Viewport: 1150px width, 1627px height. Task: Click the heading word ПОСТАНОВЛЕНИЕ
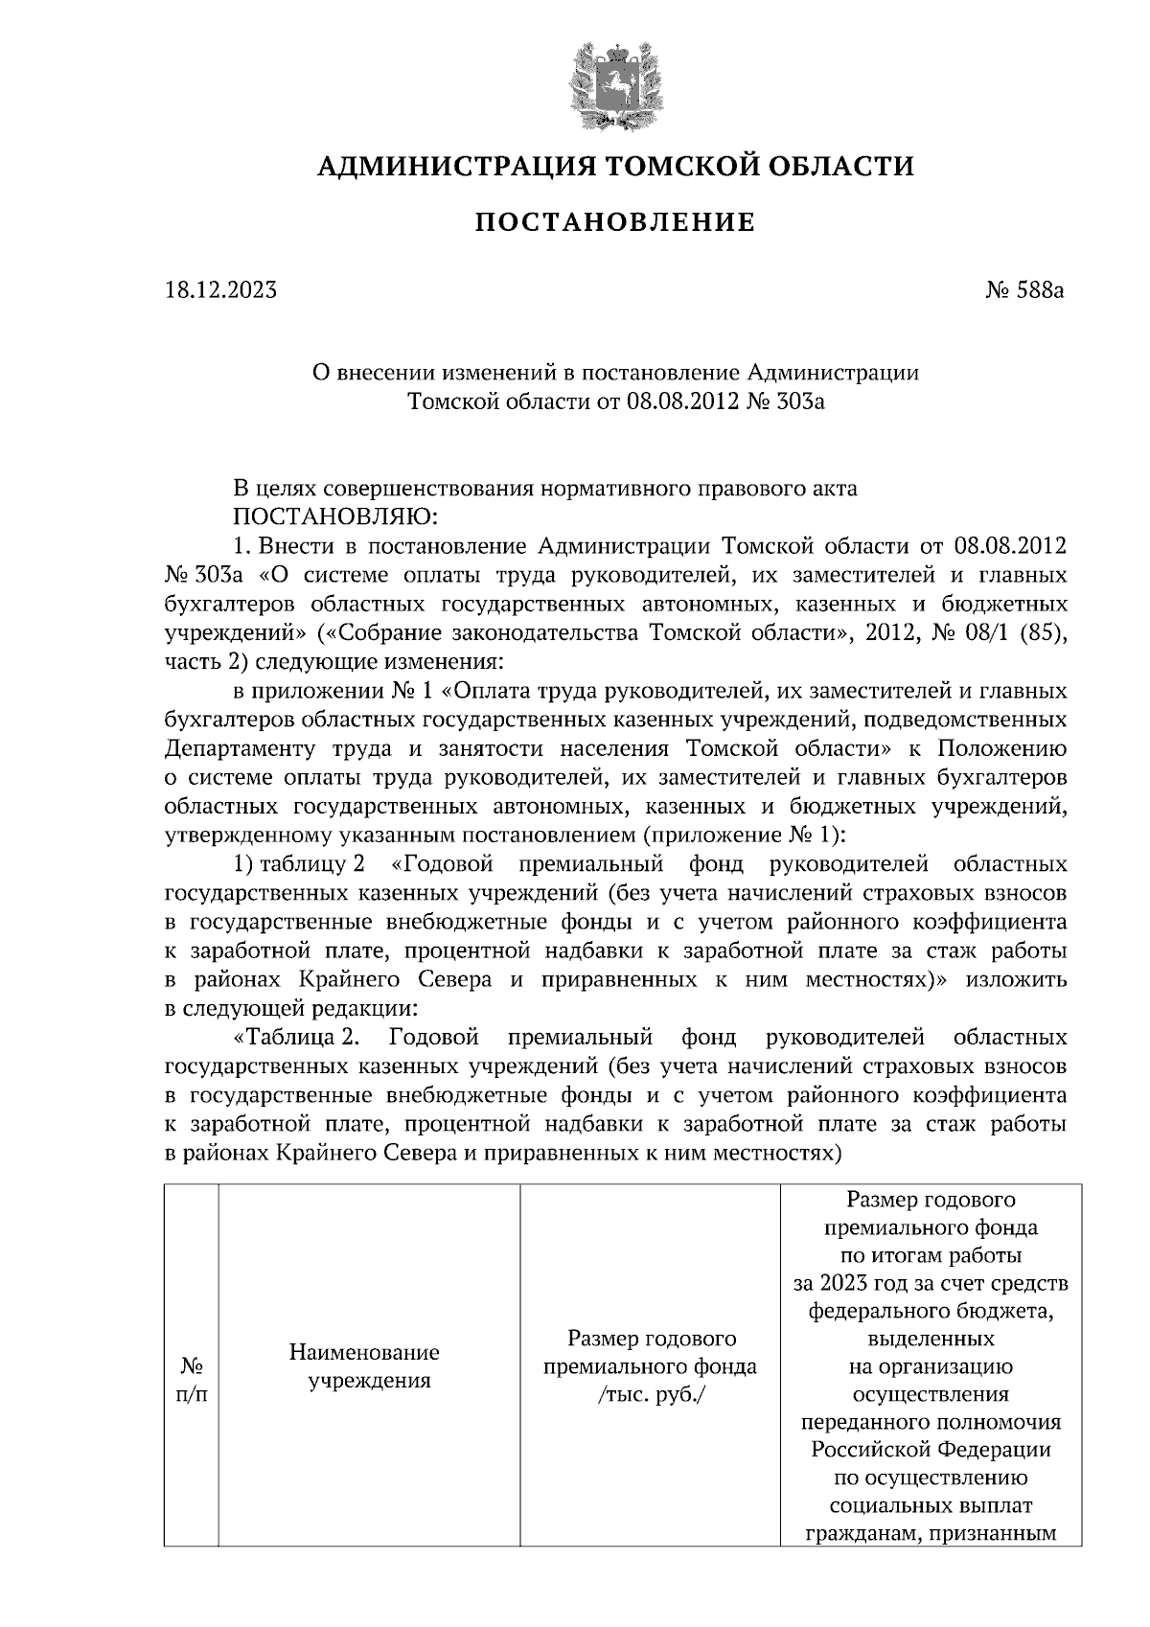click(615, 224)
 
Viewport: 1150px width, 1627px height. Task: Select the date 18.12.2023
click(220, 288)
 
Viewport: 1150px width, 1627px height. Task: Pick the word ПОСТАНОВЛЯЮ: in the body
click(333, 517)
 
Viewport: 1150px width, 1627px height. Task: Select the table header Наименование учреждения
click(364, 1366)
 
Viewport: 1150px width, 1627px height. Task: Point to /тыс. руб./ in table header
click(650, 1393)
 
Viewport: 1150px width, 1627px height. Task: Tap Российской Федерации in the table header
click(931, 1449)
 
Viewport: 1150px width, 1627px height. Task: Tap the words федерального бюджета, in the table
click(931, 1311)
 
